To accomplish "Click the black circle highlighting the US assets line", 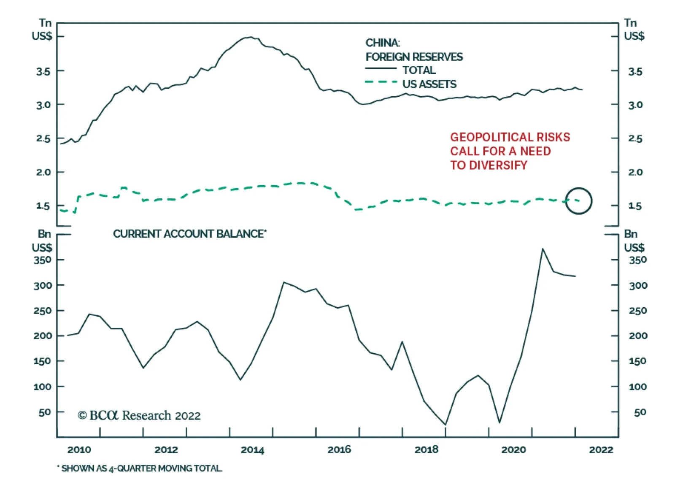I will [x=578, y=201].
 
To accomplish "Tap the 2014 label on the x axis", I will [x=252, y=450].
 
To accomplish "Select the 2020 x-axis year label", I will [x=513, y=450].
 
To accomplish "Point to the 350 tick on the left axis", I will [x=43, y=260].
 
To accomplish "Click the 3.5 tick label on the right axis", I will [x=635, y=71].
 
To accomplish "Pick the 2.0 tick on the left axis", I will [x=44, y=172].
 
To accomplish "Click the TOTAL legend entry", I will [x=418, y=70].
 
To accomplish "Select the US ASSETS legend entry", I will [x=429, y=84].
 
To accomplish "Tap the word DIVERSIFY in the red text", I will [x=498, y=165].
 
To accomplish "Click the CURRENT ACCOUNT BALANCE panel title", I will [x=189, y=234].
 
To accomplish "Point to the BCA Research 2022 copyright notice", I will [x=139, y=416].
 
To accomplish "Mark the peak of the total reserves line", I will [x=251, y=37].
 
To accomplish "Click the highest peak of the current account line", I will [x=543, y=249].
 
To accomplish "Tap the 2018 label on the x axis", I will [x=427, y=450].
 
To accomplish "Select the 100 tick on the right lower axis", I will [x=637, y=387].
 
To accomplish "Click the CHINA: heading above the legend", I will [x=383, y=43].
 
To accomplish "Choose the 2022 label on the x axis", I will [x=601, y=450].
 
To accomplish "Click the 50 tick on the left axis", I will [x=45, y=412].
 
